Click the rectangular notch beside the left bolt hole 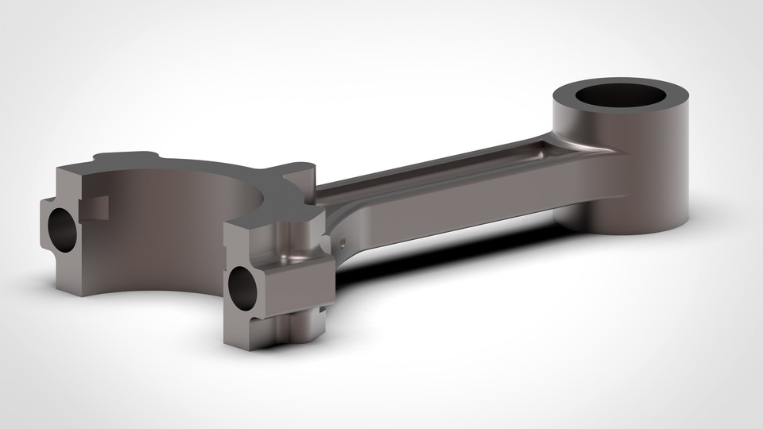click(x=97, y=207)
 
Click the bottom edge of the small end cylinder click(x=636, y=232)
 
